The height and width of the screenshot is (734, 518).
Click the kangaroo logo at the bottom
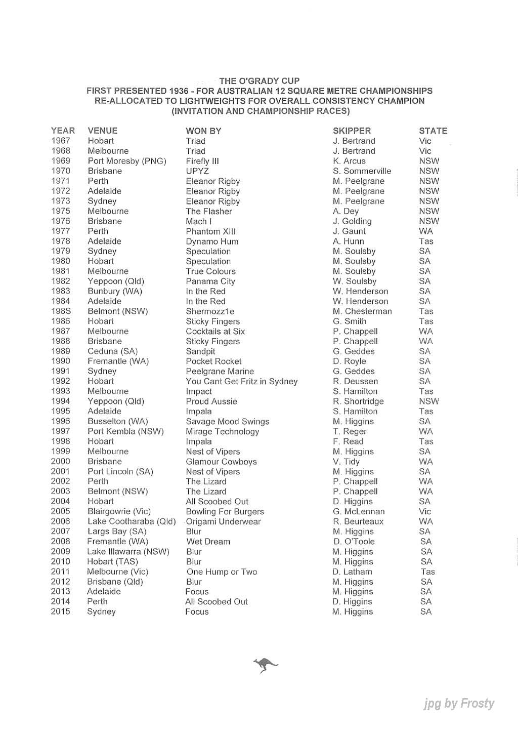(266, 664)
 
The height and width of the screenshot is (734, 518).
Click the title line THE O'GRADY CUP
(260, 81)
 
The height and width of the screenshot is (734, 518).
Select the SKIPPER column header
(352, 131)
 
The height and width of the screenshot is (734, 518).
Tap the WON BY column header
(203, 131)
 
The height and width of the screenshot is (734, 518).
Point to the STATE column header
(433, 131)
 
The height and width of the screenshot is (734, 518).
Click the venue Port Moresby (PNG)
(127, 161)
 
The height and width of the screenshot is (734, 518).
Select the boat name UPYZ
(197, 171)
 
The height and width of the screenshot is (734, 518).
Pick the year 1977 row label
(61, 231)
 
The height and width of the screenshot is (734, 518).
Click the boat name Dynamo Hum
(212, 241)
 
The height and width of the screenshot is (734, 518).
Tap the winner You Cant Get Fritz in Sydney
(241, 381)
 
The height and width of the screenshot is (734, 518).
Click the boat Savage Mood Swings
(227, 421)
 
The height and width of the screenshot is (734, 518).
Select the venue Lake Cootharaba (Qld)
(132, 521)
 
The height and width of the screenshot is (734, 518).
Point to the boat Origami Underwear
(223, 521)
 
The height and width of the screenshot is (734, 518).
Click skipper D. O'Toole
(353, 542)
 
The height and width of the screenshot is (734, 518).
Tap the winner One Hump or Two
(222, 572)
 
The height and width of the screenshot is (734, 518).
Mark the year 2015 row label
(61, 611)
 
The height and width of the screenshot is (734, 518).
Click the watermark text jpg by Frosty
(459, 703)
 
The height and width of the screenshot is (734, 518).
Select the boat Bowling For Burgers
(225, 511)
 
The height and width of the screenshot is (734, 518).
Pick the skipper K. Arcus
(349, 161)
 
